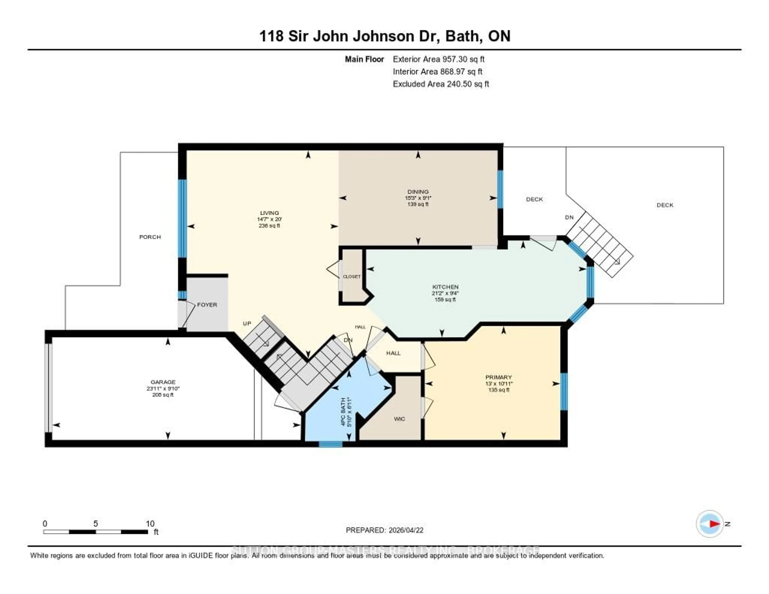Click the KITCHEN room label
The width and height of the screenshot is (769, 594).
[445, 287]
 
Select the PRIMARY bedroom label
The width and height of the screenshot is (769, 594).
[498, 377]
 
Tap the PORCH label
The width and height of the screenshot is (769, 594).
[150, 237]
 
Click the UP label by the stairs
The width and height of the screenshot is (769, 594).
[247, 323]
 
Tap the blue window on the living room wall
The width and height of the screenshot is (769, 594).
[182, 218]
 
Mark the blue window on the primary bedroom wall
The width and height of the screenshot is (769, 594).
[564, 392]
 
